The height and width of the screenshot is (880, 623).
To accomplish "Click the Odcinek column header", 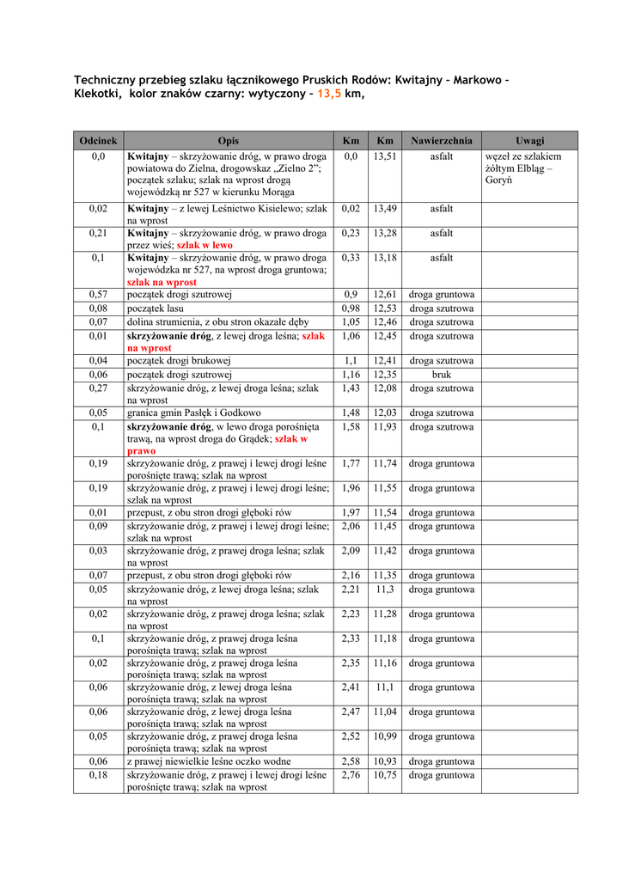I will [98, 140].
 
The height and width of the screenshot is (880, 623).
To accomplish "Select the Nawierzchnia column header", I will [441, 140].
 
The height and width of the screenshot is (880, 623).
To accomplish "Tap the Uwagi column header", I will [529, 140].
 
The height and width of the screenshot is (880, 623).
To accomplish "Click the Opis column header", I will [229, 140].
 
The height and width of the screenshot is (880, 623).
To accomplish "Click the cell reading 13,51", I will [385, 157].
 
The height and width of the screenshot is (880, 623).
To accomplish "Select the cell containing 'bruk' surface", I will [441, 375].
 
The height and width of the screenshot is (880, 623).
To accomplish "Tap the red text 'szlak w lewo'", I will [205, 245].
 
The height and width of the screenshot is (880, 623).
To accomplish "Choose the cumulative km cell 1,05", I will [351, 322].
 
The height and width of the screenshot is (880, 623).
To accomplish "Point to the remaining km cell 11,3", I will [385, 590].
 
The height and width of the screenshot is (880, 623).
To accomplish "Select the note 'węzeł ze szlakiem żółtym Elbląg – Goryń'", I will [523, 169].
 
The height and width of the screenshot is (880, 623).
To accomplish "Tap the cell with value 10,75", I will [385, 775].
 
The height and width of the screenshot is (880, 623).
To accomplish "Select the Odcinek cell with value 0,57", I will [98, 295].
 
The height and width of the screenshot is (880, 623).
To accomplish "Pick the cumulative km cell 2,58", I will [351, 761].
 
